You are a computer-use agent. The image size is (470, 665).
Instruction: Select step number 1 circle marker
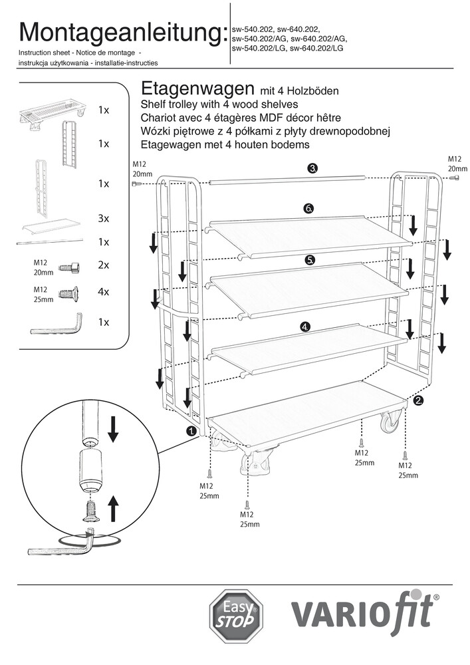click(x=192, y=431)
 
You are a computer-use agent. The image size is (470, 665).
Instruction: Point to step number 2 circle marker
click(x=418, y=400)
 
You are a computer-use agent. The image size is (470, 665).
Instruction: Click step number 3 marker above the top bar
click(x=312, y=168)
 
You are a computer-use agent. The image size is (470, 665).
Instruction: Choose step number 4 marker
click(x=305, y=327)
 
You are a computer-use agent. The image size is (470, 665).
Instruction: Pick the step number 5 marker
click(x=310, y=260)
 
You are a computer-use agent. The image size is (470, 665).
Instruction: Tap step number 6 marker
click(x=308, y=209)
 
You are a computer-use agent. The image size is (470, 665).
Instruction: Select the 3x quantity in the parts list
click(x=103, y=218)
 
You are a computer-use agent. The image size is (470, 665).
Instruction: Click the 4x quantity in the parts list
click(x=103, y=292)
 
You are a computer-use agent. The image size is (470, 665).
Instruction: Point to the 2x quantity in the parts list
click(x=103, y=265)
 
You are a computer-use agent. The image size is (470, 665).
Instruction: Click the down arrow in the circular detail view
click(x=112, y=428)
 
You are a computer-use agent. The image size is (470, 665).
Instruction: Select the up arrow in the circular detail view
click(x=112, y=510)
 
